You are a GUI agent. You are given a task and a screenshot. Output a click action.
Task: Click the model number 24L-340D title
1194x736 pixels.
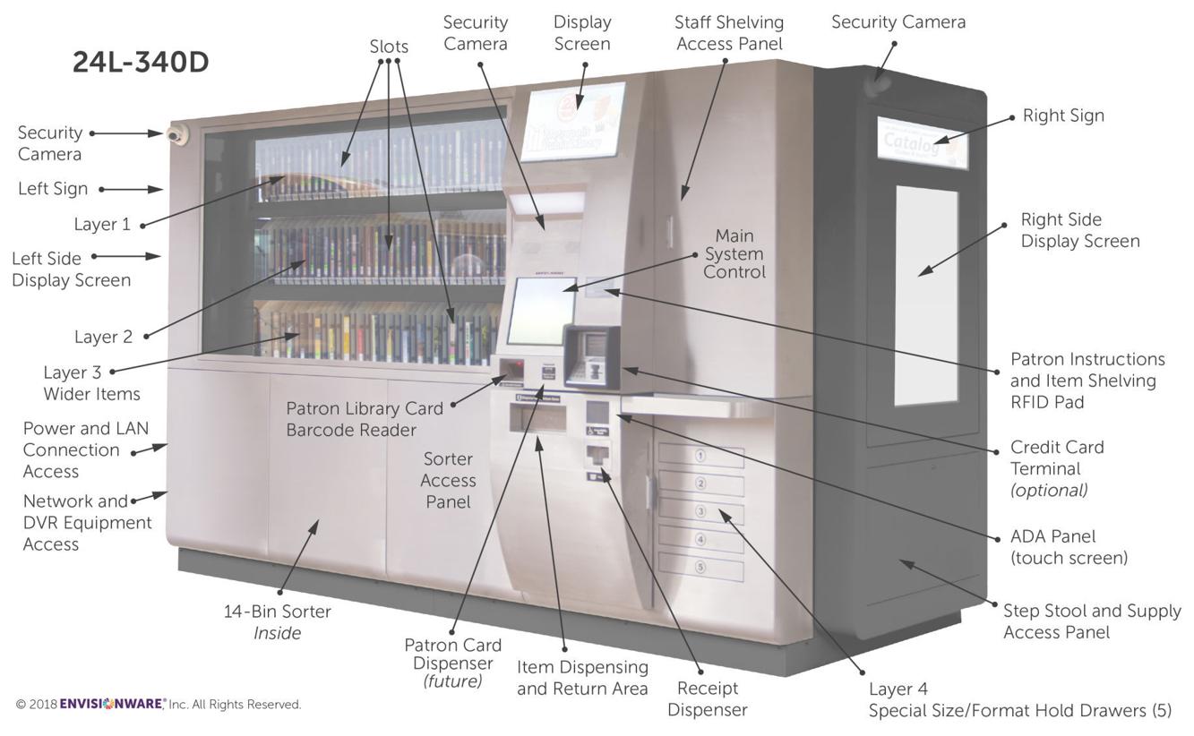141,63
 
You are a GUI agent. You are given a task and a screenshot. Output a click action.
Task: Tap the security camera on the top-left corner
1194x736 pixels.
177,135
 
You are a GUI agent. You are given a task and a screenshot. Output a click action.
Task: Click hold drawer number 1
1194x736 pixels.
701,456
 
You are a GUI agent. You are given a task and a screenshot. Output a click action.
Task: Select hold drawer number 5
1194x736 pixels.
701,567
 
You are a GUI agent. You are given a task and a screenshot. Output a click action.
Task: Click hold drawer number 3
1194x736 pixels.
701,511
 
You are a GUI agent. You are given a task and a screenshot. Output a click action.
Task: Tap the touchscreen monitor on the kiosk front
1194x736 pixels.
541,311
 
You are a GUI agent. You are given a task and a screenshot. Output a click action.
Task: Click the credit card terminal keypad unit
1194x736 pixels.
592,357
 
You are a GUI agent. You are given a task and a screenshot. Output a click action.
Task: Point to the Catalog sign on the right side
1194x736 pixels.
923,143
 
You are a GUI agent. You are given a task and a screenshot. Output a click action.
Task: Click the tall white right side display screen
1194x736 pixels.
926,295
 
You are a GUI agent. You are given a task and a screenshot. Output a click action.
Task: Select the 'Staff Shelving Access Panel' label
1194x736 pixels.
729,33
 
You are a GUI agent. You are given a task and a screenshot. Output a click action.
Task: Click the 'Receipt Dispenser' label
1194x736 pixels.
708,698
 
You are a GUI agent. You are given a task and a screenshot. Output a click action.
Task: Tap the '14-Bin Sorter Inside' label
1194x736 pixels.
277,622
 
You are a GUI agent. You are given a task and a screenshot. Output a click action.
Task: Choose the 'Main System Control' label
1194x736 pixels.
734,253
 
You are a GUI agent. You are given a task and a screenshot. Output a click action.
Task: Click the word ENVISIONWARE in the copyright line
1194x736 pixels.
111,704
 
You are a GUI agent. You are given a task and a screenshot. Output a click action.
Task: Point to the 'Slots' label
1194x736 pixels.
389,47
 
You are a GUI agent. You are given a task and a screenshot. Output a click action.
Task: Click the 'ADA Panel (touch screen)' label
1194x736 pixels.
1069,547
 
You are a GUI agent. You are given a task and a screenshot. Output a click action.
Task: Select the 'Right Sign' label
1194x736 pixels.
1063,116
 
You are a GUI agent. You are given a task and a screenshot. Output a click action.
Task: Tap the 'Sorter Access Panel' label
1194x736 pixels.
448,480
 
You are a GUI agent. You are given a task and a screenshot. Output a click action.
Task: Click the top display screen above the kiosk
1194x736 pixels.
573,123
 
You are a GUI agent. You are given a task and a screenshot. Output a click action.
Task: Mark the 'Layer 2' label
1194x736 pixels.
103,337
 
